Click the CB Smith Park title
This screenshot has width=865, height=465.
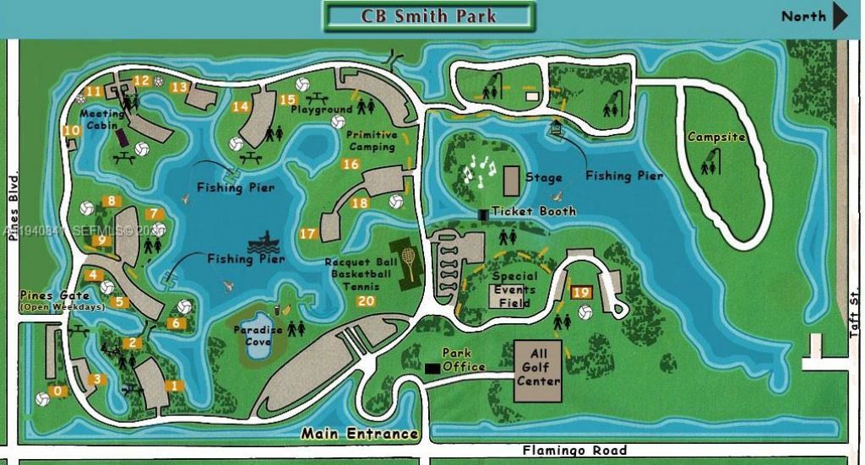click(428, 16)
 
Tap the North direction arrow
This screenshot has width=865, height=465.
click(840, 16)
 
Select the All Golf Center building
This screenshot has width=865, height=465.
click(538, 370)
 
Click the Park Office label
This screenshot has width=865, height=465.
click(464, 360)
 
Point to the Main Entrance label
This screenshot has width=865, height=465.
click(361, 435)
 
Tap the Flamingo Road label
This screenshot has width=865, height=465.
click(574, 451)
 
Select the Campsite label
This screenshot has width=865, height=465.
click(716, 137)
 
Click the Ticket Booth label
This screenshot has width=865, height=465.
click(534, 211)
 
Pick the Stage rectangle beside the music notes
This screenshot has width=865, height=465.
click(511, 180)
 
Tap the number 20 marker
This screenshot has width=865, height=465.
click(366, 301)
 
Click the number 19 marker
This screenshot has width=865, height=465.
click(581, 292)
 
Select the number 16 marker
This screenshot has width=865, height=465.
click(351, 164)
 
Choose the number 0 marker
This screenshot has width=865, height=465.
click(57, 391)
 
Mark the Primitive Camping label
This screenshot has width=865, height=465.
click(371, 141)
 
